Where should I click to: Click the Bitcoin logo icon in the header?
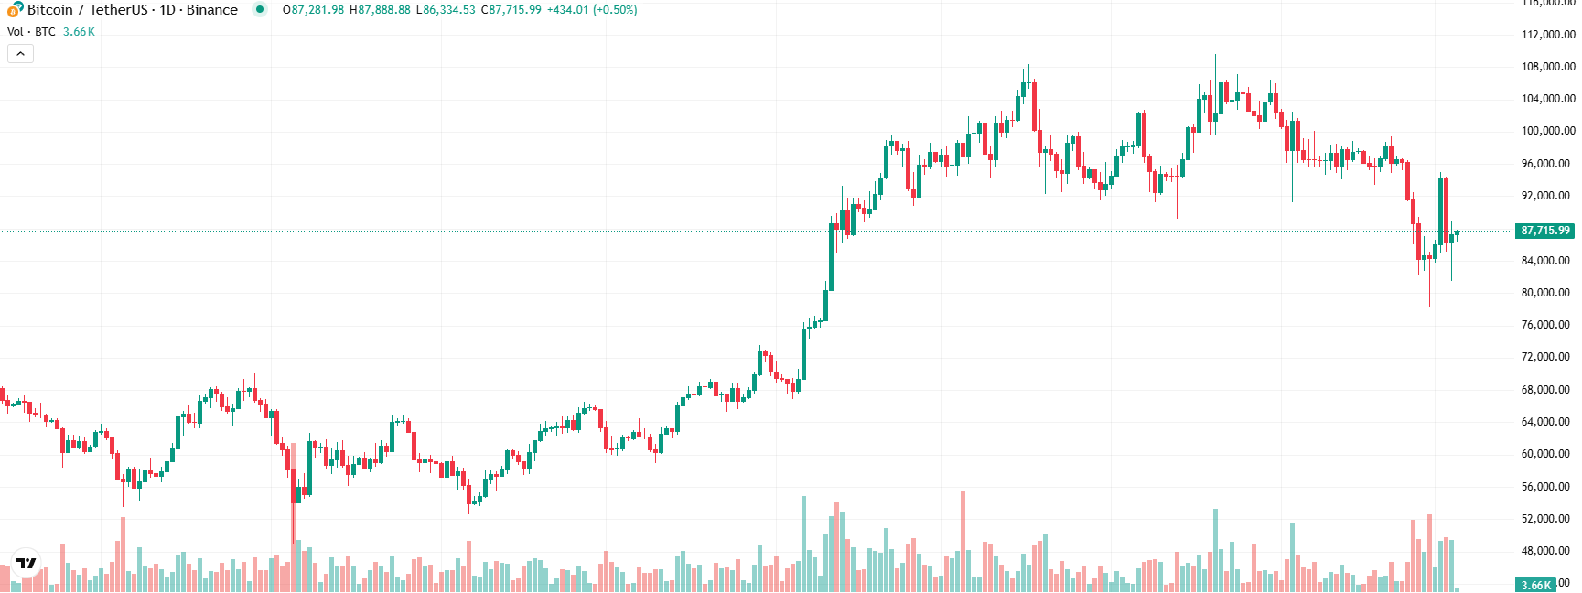point(15,9)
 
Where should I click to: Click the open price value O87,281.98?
point(313,10)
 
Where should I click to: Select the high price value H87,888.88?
point(380,10)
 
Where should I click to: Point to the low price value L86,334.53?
point(446,10)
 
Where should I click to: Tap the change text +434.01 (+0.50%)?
point(592,10)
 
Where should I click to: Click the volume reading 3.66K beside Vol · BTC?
point(79,32)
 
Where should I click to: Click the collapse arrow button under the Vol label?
point(20,54)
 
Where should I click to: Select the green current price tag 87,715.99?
point(1544,231)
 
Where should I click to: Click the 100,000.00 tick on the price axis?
point(1547,131)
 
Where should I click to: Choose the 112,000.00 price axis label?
point(1547,35)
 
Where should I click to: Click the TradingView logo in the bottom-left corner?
point(27,563)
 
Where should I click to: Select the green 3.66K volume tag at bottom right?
point(1535,585)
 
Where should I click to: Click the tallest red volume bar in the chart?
point(963,540)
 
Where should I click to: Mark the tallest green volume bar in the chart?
point(803,544)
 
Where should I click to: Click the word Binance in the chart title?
point(211,10)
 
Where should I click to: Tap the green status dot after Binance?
point(260,10)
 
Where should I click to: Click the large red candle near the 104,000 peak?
point(1034,105)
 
